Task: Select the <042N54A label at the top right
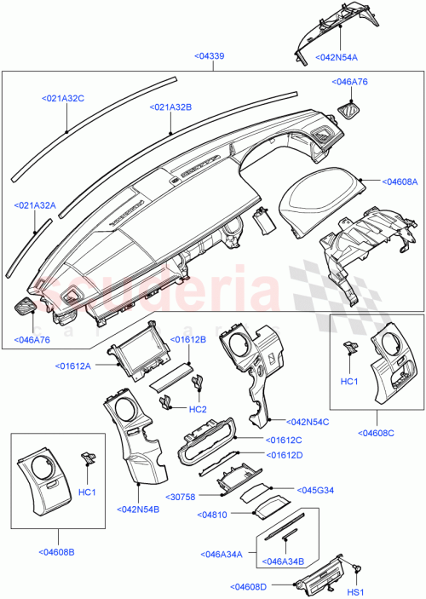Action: (337, 57)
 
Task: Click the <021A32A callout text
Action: (35, 206)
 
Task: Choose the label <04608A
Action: (399, 181)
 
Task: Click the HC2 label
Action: (198, 409)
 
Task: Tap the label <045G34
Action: (314, 489)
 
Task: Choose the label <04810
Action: (212, 515)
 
